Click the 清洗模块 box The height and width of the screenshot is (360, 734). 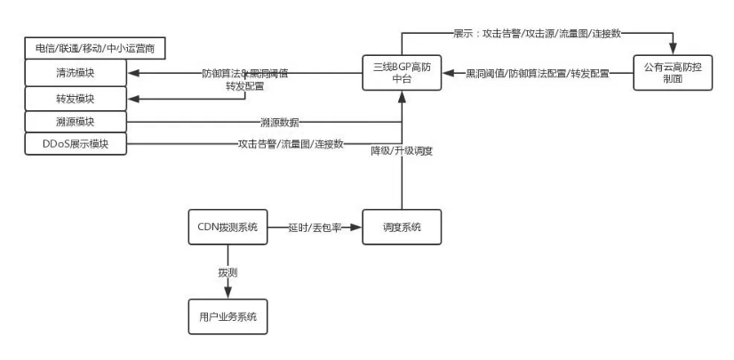pos(76,73)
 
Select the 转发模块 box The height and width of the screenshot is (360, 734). pos(76,97)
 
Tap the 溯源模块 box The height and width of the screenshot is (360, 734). pos(76,120)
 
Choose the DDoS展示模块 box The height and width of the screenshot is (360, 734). pos(76,143)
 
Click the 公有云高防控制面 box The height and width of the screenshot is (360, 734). pos(674,74)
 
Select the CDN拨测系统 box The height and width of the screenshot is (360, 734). pos(228,228)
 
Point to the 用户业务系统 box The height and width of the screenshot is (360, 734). pos(228,316)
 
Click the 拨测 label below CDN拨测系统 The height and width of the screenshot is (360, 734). pos(227,270)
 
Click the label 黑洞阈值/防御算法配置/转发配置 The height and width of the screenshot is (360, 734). pos(537,74)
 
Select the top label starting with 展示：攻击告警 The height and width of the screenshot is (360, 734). pos(538,33)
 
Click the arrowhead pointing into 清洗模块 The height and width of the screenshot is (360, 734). pos(133,73)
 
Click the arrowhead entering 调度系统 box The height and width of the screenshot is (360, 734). pos(359,228)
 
